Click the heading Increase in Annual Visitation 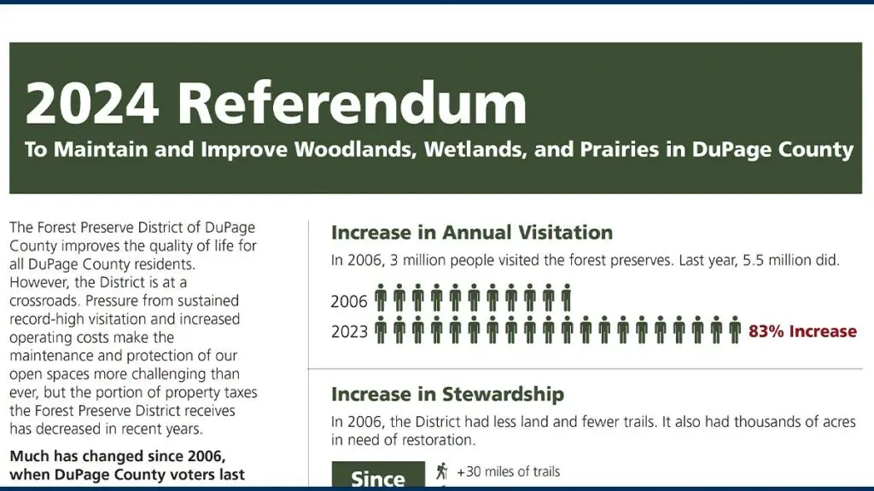click(471, 233)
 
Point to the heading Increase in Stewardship click(447, 395)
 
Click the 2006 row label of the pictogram click(349, 302)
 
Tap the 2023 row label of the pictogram click(349, 332)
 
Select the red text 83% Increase click(802, 332)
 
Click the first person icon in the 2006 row click(381, 299)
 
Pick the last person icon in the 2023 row click(734, 330)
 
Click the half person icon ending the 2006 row click(567, 299)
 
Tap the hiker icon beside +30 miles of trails click(441, 471)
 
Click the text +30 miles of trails click(509, 471)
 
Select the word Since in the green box click(377, 479)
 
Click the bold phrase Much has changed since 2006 click(118, 457)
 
